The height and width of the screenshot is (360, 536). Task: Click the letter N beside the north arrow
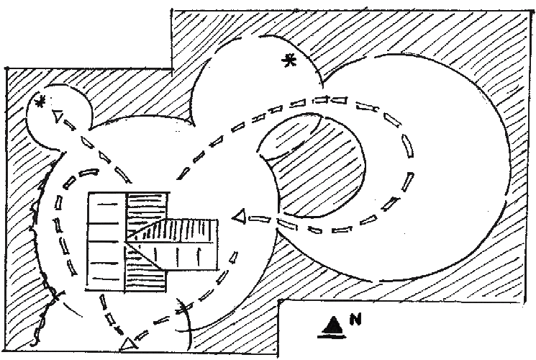[x=355, y=319]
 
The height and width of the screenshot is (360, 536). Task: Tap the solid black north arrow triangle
[x=332, y=325]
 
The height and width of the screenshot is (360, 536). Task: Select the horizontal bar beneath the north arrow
[x=332, y=336]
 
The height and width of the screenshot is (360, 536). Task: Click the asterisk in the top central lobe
[x=289, y=61]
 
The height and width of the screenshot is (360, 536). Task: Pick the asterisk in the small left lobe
[x=41, y=101]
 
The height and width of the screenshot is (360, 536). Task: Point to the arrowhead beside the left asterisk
[x=58, y=116]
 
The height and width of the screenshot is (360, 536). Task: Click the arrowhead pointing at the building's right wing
[x=240, y=217]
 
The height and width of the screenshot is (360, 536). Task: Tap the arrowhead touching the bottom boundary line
[x=127, y=344]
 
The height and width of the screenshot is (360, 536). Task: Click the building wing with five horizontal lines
[x=106, y=241]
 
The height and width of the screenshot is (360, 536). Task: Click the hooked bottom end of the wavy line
[x=34, y=341]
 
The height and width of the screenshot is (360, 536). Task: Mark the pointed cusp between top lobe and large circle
[x=322, y=86]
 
